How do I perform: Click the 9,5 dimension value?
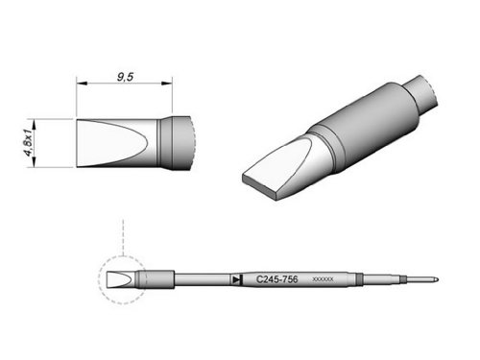pyautogui.click(x=125, y=77)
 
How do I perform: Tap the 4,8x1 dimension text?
pyautogui.click(x=29, y=143)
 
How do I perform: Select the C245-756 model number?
pyautogui.click(x=277, y=279)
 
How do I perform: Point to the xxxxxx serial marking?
pyautogui.click(x=323, y=279)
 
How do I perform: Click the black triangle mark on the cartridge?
pyautogui.click(x=236, y=280)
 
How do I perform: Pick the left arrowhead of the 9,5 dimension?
pyautogui.click(x=82, y=84)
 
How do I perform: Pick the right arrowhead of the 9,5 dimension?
pyautogui.click(x=167, y=84)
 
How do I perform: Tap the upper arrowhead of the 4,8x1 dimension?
pyautogui.click(x=34, y=124)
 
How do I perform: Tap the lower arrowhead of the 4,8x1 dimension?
pyautogui.click(x=34, y=161)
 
